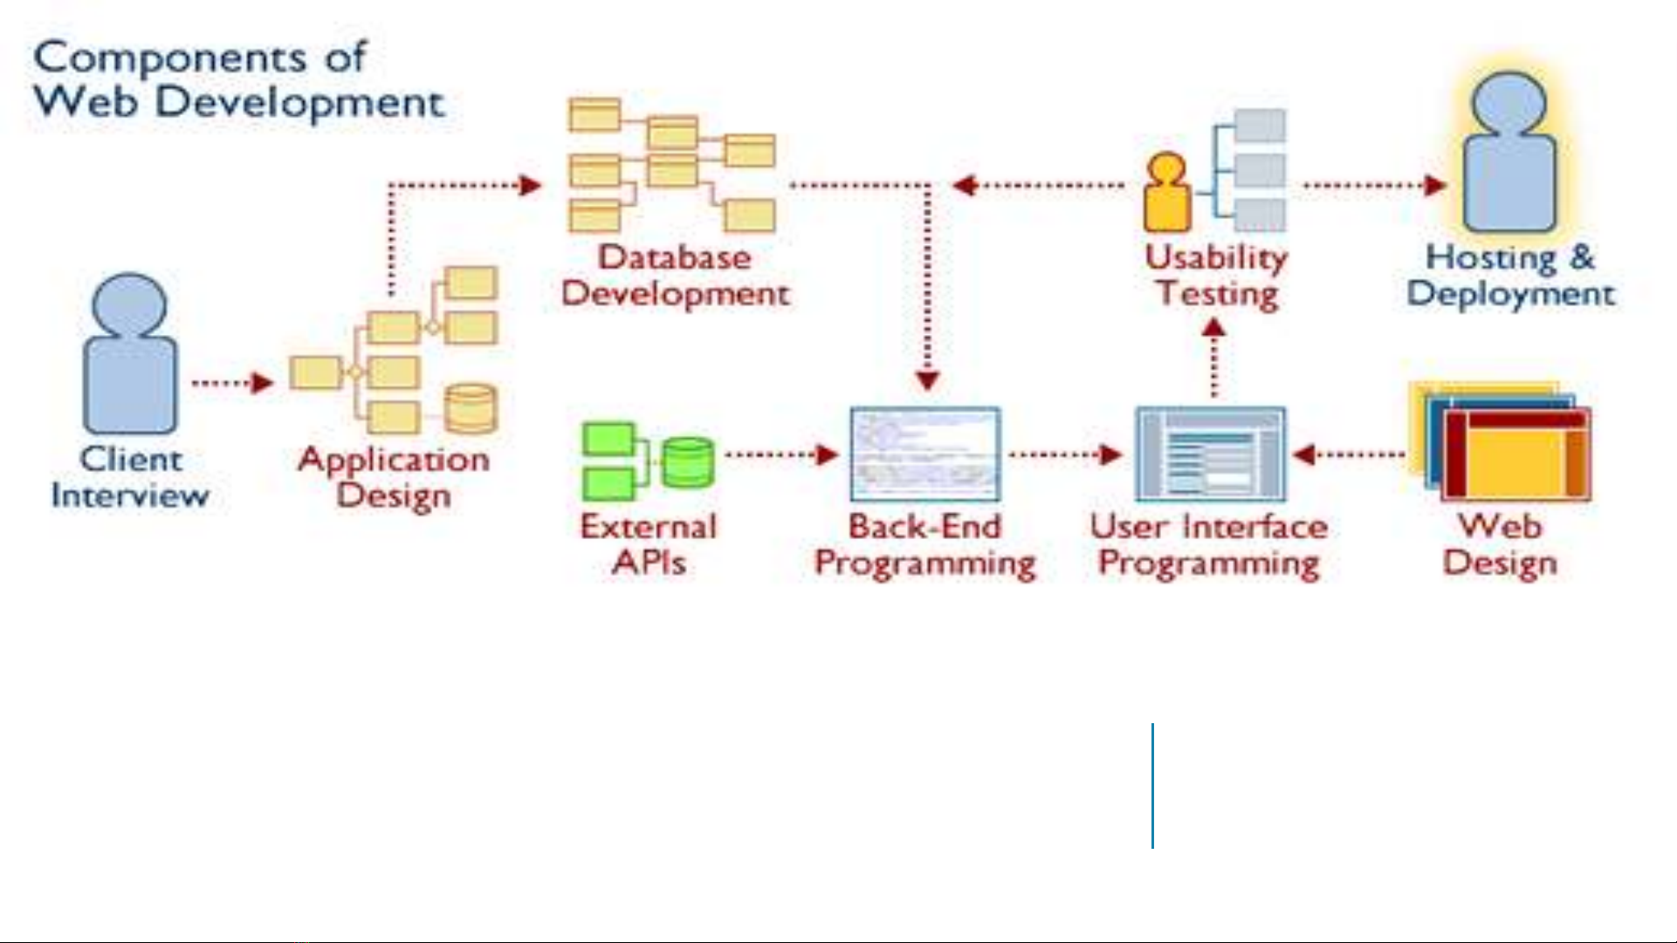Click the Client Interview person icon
[x=130, y=353]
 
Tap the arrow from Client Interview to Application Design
[x=232, y=382]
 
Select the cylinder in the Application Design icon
[x=471, y=408]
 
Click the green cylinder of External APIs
[x=687, y=462]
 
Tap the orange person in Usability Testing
[x=1167, y=194]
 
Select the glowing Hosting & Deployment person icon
[x=1509, y=153]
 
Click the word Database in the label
[x=674, y=257]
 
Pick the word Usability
[x=1216, y=257]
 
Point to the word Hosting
[x=1490, y=257]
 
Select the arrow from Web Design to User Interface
[x=1349, y=454]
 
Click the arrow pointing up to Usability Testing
[x=1213, y=358]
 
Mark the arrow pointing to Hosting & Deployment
[x=1374, y=185]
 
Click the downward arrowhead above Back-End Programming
[x=927, y=380]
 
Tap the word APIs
[x=649, y=562]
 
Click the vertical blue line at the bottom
[x=1152, y=785]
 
